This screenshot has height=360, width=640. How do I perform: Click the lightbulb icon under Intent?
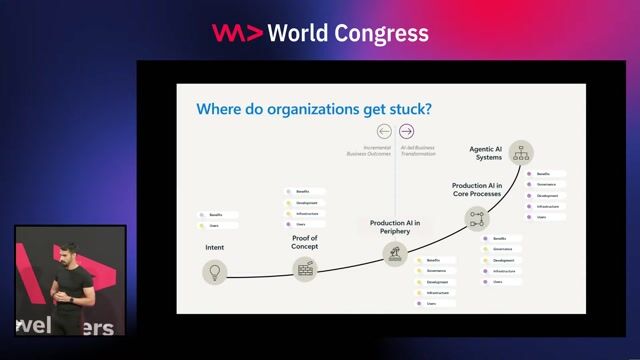click(x=213, y=270)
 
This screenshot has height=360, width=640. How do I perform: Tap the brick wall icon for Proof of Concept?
click(x=304, y=267)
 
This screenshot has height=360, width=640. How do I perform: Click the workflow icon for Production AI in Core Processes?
click(x=477, y=219)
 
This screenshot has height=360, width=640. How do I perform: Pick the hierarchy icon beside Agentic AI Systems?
click(x=520, y=153)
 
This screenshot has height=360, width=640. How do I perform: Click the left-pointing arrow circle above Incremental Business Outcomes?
click(x=384, y=131)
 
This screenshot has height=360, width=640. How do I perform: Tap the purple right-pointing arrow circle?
click(x=406, y=131)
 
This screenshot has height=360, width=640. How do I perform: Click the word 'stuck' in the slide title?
click(x=403, y=107)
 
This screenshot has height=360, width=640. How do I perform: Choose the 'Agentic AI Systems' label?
click(x=486, y=153)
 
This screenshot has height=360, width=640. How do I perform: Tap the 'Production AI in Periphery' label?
click(x=395, y=226)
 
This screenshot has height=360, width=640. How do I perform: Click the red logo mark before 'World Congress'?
click(x=237, y=33)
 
